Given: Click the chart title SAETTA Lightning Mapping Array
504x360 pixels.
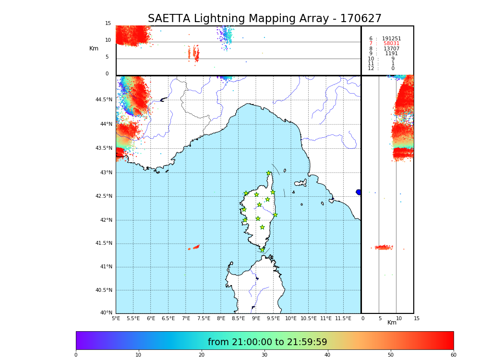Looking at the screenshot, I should (x=264, y=19).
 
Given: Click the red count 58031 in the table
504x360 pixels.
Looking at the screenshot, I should (x=391, y=44).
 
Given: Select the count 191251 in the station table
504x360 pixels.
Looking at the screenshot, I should (x=391, y=39).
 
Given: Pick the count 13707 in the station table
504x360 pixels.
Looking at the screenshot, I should (x=391, y=49).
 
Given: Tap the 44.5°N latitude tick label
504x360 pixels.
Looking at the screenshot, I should (x=104, y=100).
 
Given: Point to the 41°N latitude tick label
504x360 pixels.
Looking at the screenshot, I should (x=106, y=267).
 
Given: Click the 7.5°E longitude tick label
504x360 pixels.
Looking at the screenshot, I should (x=204, y=318).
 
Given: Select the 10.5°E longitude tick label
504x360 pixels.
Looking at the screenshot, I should (x=309, y=318).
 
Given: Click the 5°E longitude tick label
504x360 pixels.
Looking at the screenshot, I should (x=116, y=318).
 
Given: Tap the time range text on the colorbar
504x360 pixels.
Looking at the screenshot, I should (x=267, y=342).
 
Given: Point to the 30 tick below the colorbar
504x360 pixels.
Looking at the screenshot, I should (x=264, y=355).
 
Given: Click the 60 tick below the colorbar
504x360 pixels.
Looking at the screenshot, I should (x=453, y=355).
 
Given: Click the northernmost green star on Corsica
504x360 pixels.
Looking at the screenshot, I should (x=269, y=173).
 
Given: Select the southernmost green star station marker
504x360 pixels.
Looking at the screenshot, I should (x=262, y=250).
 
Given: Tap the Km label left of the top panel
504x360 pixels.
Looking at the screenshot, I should (x=94, y=48).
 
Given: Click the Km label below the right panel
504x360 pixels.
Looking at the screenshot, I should (x=392, y=323).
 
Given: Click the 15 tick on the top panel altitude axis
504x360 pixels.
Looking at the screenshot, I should (x=108, y=24).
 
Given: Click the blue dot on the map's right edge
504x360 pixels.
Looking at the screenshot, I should (x=359, y=192).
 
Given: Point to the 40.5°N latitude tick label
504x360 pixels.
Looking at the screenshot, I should (x=104, y=290).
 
